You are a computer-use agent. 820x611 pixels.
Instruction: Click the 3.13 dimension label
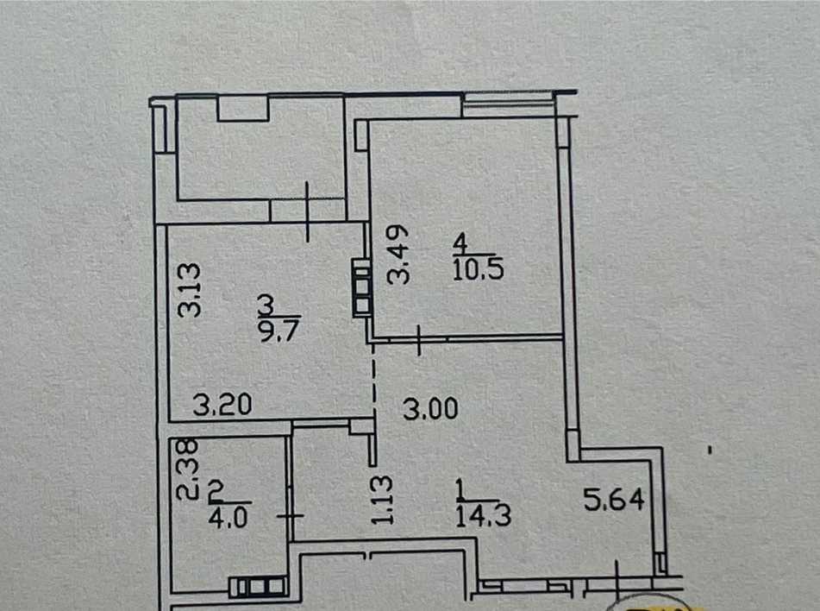point(191,290)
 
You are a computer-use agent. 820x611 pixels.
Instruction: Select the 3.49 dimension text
point(397,256)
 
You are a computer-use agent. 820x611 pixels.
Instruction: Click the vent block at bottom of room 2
point(258,587)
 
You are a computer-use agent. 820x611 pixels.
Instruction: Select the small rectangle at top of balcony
point(243,107)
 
